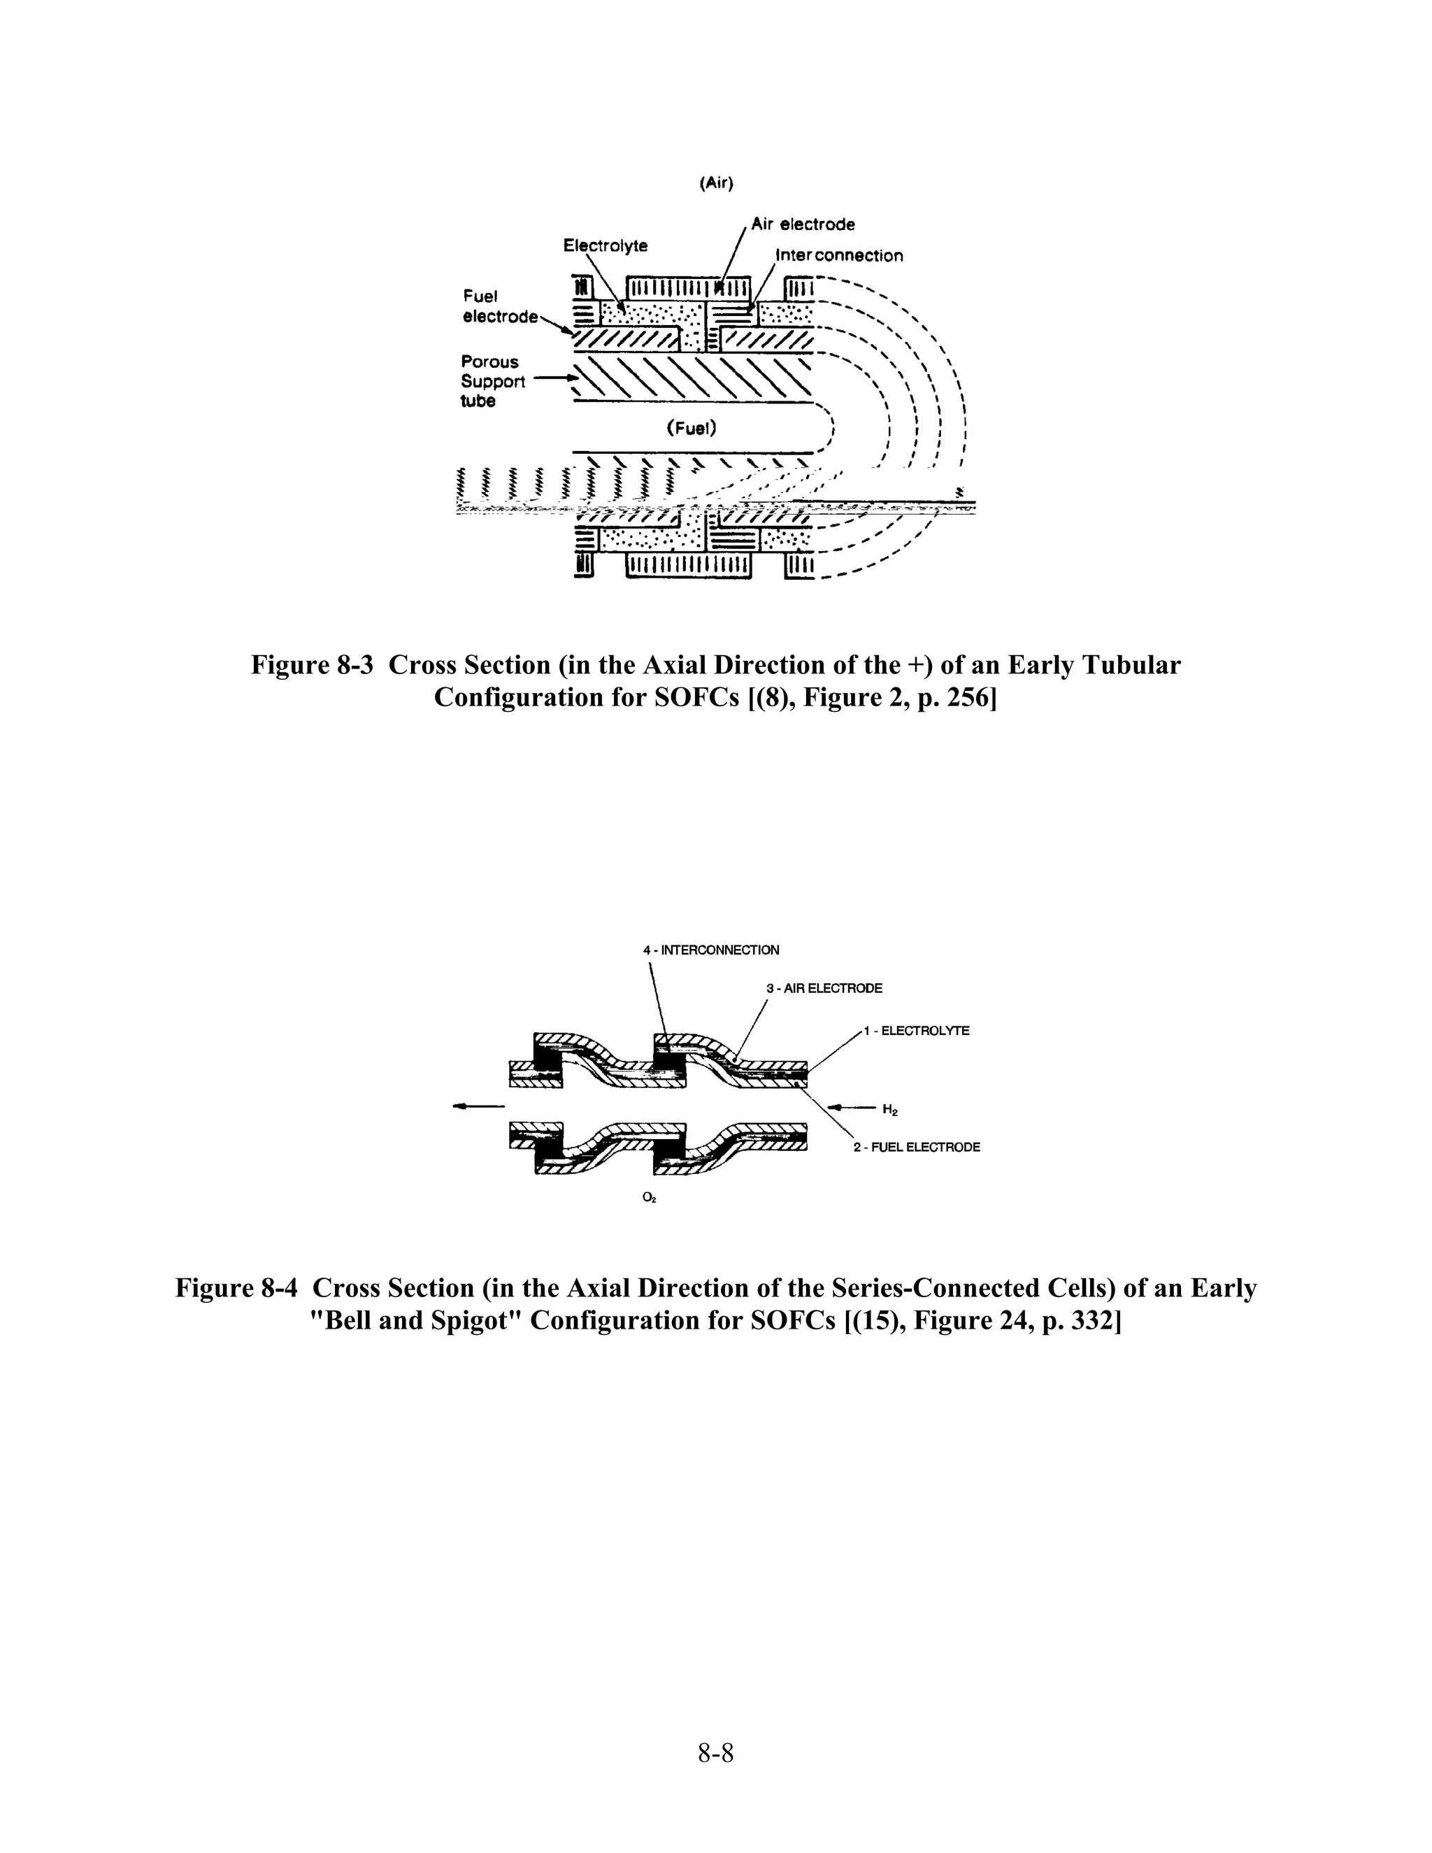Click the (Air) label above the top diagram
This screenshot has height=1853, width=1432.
pyautogui.click(x=716, y=183)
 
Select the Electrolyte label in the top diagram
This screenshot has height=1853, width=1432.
pyautogui.click(x=605, y=246)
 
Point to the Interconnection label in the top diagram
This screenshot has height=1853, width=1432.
pyautogui.click(x=839, y=255)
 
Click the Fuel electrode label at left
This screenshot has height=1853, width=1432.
pyautogui.click(x=499, y=306)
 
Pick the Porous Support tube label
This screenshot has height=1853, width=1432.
pyautogui.click(x=492, y=381)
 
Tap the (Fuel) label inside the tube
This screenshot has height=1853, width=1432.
pyautogui.click(x=692, y=429)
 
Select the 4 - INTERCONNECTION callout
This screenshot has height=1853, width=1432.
pyautogui.click(x=711, y=950)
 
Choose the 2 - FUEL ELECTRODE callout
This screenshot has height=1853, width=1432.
pyautogui.click(x=916, y=1147)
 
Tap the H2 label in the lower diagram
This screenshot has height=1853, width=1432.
pyautogui.click(x=890, y=1109)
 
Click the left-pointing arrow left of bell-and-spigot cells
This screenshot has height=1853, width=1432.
pyautogui.click(x=478, y=1106)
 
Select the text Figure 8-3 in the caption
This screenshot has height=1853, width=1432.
pyautogui.click(x=311, y=665)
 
